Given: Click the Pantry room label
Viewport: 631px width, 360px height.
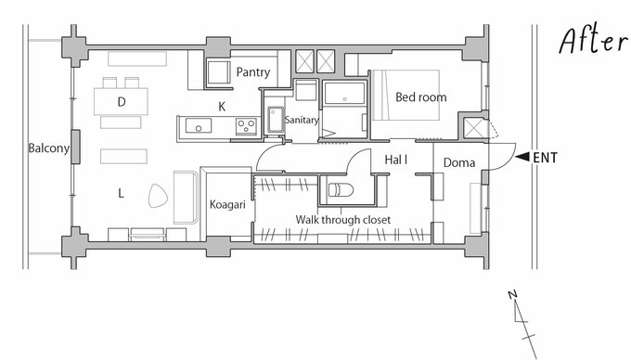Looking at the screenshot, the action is tap(252, 72).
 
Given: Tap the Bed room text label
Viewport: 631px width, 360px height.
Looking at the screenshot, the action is tap(421, 97).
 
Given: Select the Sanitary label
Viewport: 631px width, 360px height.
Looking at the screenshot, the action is tap(302, 120).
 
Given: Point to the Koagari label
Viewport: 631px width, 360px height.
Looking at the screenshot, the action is tap(227, 205).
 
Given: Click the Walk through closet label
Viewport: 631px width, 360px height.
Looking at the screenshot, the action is tap(342, 220).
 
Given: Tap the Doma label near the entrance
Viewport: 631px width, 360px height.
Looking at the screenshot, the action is tap(459, 163).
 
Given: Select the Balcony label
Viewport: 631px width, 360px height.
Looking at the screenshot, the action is tap(48, 148).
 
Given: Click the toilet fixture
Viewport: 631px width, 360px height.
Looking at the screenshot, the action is tap(341, 189).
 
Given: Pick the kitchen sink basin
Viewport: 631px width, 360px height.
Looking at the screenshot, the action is tap(199, 125).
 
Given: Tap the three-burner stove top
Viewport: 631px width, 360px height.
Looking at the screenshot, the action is tap(246, 126).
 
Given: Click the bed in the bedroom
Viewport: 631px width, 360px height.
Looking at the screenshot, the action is tap(406, 95).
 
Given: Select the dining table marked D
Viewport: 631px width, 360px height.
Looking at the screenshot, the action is tap(122, 101).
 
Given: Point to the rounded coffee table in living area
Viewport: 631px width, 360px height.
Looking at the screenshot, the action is tap(158, 196).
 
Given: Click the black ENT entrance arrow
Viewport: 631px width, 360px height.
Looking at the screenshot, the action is tap(522, 157).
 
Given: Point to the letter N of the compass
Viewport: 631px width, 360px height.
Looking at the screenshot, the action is tap(512, 295).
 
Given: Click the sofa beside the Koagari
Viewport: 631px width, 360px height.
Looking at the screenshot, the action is tap(186, 197).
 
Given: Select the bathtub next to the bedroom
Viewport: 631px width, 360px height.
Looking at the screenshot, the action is tap(344, 94).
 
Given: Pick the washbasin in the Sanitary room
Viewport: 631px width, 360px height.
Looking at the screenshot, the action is tap(276, 120).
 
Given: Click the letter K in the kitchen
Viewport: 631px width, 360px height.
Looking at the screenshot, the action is tap(222, 107).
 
